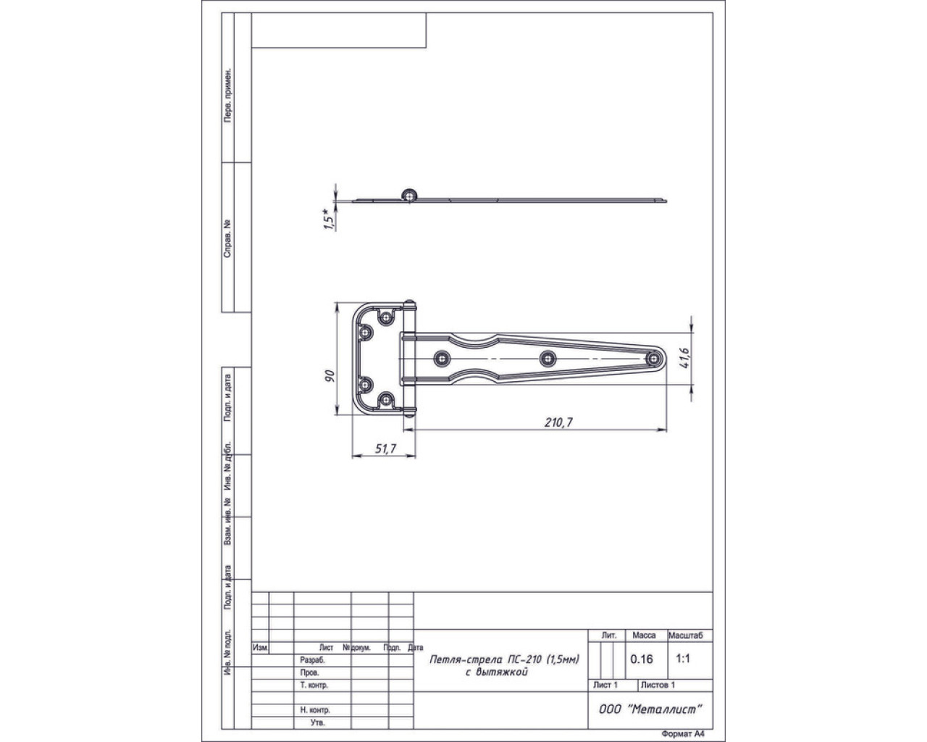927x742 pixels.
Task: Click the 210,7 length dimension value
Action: point(558,422)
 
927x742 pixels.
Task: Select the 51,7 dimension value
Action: point(385,449)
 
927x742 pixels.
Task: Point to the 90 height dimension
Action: point(330,375)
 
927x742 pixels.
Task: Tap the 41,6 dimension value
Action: point(684,358)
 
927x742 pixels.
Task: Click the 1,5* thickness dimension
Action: point(329,220)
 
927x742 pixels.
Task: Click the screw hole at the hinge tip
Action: point(654,358)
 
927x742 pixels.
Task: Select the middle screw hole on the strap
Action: point(548,358)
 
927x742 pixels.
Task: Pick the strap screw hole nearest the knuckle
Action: point(442,358)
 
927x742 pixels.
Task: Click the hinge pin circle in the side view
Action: point(408,196)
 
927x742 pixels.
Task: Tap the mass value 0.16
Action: point(642,659)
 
